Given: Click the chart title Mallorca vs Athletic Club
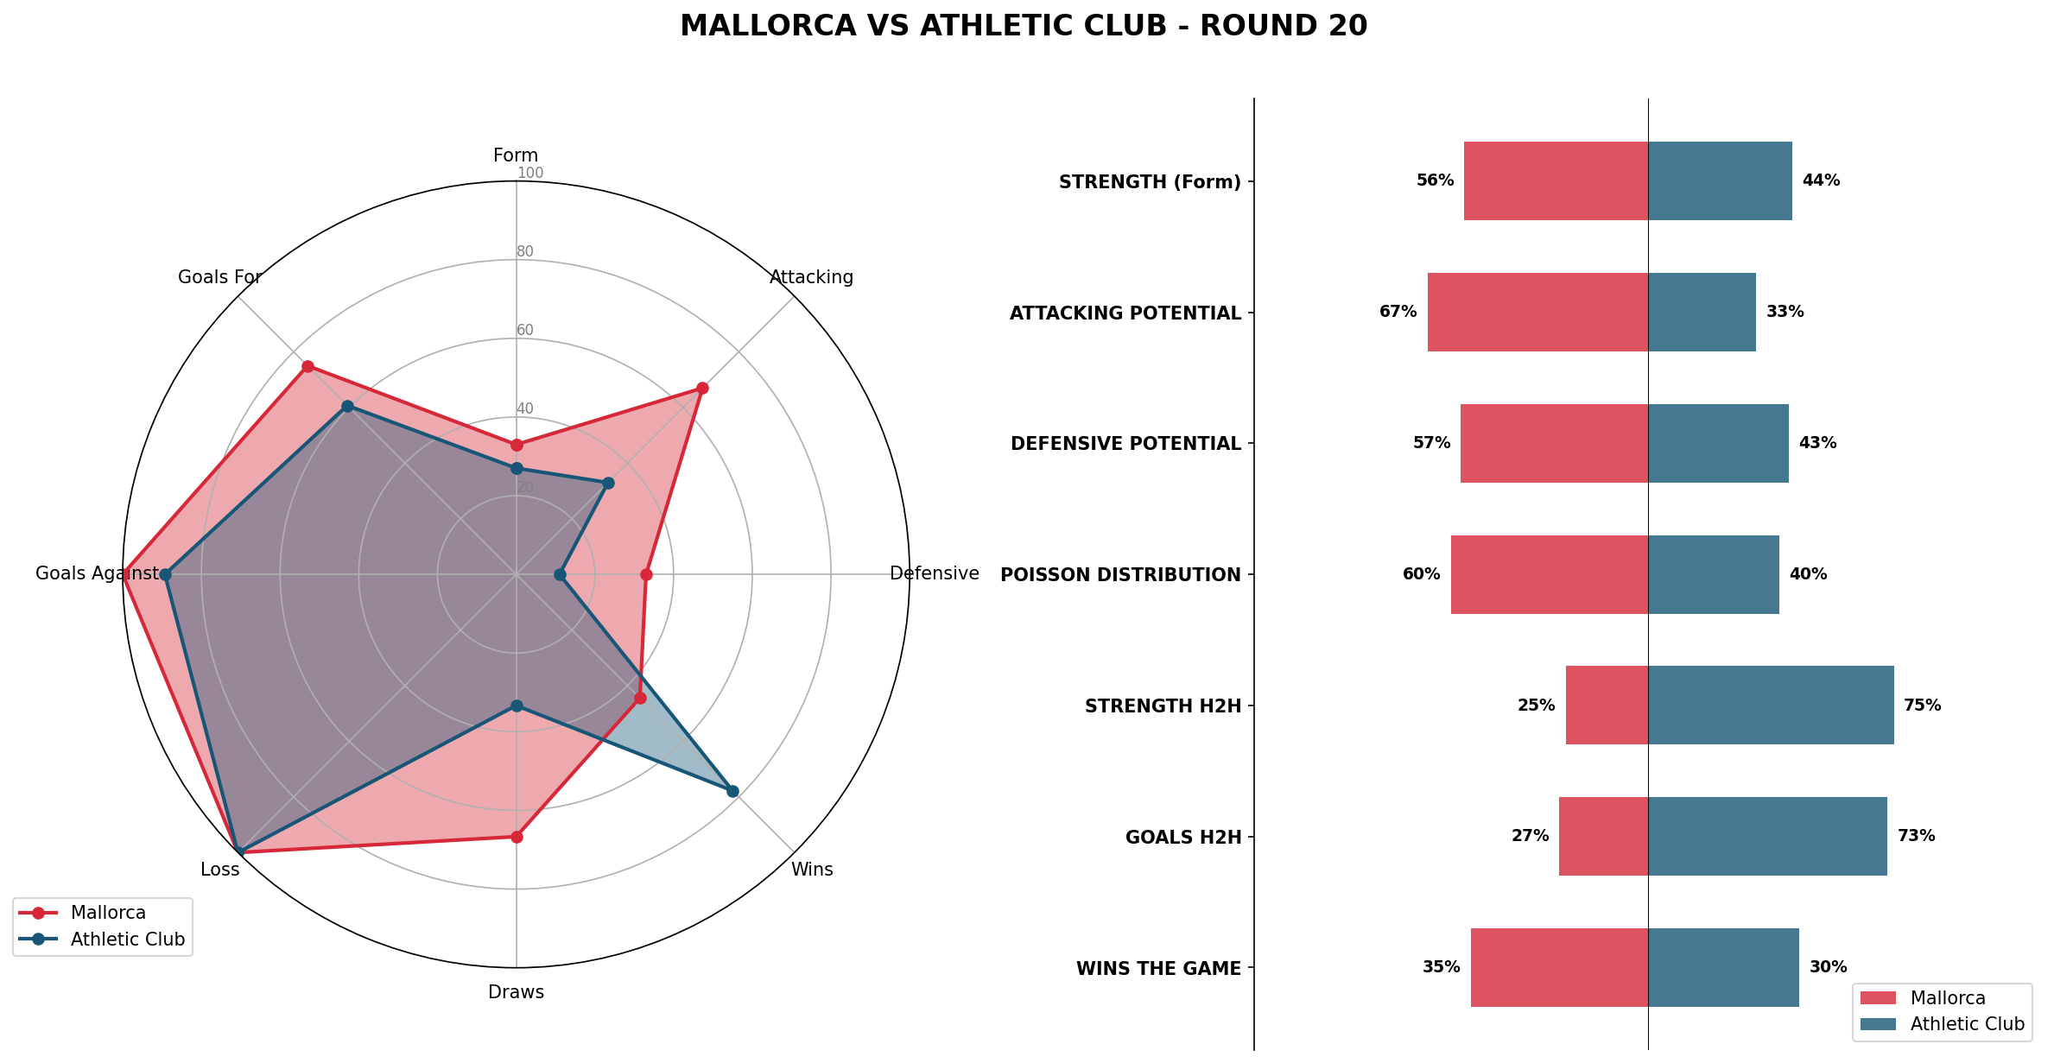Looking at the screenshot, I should click(x=1024, y=26).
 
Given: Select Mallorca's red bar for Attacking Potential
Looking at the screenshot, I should click(x=1537, y=312).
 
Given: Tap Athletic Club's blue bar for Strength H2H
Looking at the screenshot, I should click(x=1771, y=705).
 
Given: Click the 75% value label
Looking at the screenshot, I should click(x=1922, y=706).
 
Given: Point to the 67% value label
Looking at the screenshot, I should click(x=1398, y=312).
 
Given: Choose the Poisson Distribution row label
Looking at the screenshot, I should click(x=1120, y=575).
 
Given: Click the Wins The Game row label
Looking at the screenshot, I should click(x=1158, y=969).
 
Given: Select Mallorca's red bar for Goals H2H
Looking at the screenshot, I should click(x=1603, y=836).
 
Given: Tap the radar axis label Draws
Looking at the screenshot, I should click(x=516, y=992).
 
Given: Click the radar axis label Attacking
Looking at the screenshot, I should click(x=811, y=277).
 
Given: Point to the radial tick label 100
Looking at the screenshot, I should click(x=530, y=174).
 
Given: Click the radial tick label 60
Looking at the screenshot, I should click(x=525, y=331).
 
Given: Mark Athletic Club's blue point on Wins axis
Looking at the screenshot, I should click(x=732, y=790).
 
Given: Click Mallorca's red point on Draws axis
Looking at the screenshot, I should click(x=517, y=837).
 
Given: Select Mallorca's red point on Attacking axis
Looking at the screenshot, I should click(x=702, y=388).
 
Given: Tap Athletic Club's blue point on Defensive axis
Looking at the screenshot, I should click(x=560, y=574).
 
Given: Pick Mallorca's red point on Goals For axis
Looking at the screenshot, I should click(x=307, y=366).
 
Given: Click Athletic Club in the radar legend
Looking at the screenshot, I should click(x=127, y=940).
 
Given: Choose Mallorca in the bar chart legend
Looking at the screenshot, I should click(x=1947, y=998).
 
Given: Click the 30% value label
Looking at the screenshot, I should click(x=1828, y=967).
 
